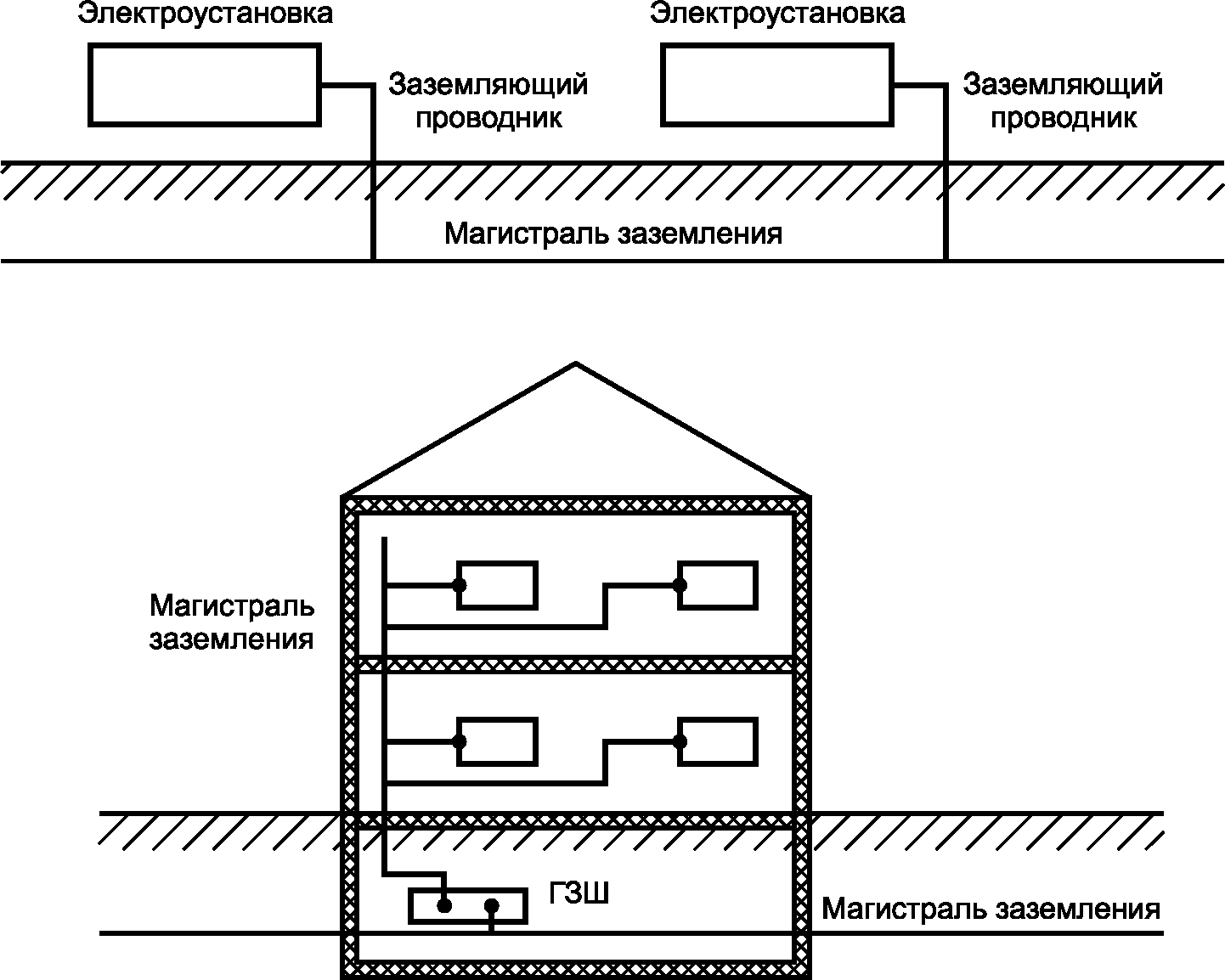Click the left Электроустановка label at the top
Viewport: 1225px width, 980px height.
tap(205, 14)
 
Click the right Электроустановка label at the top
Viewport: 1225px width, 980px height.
tap(777, 14)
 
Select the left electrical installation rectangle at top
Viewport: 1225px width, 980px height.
tap(205, 86)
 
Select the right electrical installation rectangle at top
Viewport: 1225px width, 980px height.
tap(777, 86)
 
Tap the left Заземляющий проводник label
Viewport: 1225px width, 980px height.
tap(488, 101)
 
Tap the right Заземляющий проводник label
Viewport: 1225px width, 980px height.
tap(1063, 101)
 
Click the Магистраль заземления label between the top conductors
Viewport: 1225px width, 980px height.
tap(613, 233)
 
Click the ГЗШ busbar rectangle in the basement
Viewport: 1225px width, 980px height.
tap(467, 906)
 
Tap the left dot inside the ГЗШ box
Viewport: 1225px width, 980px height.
tap(443, 906)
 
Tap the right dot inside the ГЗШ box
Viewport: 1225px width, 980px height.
tap(492, 906)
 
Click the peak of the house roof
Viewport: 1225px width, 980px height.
tap(576, 364)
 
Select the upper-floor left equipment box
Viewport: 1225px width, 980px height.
tap(497, 585)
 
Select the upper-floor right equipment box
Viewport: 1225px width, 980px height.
tap(718, 585)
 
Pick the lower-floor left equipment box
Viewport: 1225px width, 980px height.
tap(497, 741)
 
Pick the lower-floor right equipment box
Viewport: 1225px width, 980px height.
tap(718, 741)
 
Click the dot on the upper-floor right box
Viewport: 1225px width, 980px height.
tap(680, 584)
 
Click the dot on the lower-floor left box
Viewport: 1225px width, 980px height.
tap(460, 741)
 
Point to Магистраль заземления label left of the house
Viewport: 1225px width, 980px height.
tap(232, 622)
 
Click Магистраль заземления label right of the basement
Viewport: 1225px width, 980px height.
tap(991, 910)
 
